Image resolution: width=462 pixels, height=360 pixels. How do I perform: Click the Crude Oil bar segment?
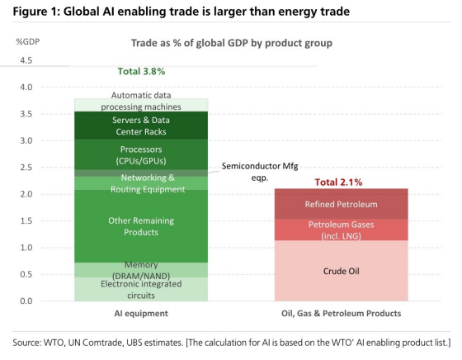point(342,271)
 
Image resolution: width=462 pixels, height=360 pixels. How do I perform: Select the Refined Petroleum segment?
point(342,204)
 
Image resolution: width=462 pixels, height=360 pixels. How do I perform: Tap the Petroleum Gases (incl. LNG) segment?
point(342,230)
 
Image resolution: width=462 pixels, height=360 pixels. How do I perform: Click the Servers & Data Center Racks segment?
point(141,126)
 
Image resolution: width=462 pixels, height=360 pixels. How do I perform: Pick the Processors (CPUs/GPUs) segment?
point(141,154)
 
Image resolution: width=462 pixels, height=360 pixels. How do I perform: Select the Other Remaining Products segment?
point(141,226)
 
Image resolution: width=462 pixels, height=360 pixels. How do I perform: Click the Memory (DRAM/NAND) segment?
point(141,270)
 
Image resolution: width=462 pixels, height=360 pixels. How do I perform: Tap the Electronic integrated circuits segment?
point(141,289)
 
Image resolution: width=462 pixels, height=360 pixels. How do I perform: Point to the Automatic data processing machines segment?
point(141,105)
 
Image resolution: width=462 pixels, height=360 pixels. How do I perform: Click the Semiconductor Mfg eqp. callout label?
point(260,172)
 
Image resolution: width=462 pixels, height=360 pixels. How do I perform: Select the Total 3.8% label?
point(141,71)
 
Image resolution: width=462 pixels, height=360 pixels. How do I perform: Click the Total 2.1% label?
point(338,182)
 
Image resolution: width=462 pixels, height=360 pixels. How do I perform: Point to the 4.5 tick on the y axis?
point(26,60)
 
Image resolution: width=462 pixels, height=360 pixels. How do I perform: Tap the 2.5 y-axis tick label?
point(26,168)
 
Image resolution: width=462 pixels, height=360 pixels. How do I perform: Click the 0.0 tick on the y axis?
point(26,301)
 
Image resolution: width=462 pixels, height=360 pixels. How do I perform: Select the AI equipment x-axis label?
point(141,313)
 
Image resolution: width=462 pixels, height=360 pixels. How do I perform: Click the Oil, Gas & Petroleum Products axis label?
point(342,313)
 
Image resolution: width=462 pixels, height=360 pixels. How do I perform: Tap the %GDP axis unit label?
point(28,41)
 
